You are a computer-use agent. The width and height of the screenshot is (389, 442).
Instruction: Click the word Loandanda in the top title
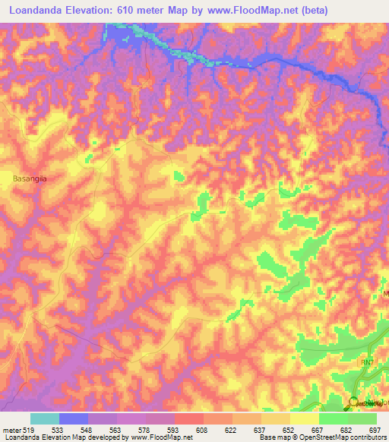point(35,10)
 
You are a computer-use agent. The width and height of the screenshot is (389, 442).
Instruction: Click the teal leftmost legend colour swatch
point(45,418)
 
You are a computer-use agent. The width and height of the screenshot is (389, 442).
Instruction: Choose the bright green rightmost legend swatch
point(362,418)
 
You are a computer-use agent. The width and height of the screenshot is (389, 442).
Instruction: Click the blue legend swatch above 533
point(74,418)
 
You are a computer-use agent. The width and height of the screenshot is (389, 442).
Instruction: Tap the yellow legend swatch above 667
point(304,418)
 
